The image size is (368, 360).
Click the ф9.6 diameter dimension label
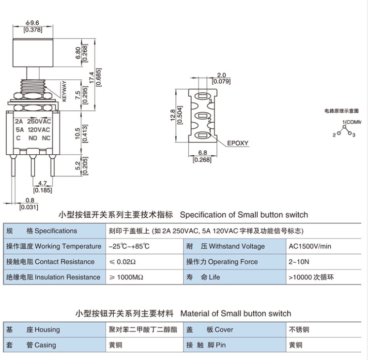[32, 23]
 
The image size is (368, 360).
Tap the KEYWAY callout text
[64, 91]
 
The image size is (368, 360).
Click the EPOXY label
[238, 143]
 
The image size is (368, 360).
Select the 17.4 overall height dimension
[92, 77]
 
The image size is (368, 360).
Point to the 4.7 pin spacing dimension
[43, 183]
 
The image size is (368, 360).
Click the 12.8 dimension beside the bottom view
[173, 115]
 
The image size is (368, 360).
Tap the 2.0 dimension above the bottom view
[221, 75]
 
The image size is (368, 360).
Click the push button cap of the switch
[33, 53]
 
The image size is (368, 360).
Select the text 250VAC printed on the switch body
[39, 121]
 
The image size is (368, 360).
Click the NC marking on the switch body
[46, 138]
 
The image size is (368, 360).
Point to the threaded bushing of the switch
[33, 86]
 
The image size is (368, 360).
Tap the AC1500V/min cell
[310, 246]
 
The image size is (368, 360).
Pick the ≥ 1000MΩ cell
[126, 277]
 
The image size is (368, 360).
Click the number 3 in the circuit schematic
[353, 135]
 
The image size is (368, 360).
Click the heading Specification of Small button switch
[244, 215]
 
